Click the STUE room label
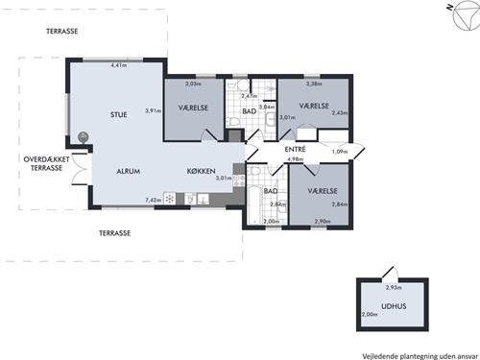coord(119,114)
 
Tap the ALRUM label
coord(129,171)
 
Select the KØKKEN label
coord(201,171)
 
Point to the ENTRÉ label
coord(295,149)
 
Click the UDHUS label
coord(394,306)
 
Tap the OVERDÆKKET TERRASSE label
coord(46,163)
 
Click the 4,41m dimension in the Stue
coord(119,65)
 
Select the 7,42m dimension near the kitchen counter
coord(154,200)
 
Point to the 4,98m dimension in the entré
coord(295,159)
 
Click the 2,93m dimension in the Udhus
coord(394,287)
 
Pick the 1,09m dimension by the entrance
coord(340,152)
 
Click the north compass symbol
coord(466,15)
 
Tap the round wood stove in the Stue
coord(84,137)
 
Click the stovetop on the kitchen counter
coord(170,199)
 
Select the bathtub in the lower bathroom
coord(254,205)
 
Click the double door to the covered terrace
coord(80,169)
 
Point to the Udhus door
coord(391,274)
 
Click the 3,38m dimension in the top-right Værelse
coord(314,84)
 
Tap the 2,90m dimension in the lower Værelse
coord(323,221)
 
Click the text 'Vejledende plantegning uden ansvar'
coord(420,356)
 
